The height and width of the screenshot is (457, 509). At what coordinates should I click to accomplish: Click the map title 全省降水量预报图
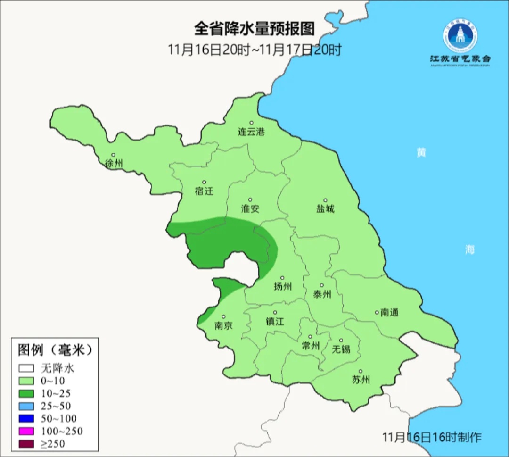coord(254,29)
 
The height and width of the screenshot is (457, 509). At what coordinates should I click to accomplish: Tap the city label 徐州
coord(114,164)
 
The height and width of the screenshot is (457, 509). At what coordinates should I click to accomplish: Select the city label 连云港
coord(251,132)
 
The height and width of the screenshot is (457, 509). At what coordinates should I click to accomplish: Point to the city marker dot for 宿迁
coord(204,182)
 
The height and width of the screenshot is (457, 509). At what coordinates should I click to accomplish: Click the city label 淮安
coord(250,208)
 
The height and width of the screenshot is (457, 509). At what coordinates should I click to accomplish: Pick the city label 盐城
coord(325,208)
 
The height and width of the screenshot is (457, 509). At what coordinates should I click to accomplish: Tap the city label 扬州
coord(283,286)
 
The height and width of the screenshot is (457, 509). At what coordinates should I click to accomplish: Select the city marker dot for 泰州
coord(322,285)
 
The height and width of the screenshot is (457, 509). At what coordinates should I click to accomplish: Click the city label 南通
coord(390,312)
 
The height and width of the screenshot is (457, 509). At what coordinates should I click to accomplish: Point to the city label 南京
coord(223,325)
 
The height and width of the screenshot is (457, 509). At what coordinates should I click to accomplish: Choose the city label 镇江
coord(275,321)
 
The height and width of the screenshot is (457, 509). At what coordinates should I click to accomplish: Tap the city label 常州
coord(311,346)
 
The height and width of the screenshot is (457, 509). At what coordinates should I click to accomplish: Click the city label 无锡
coord(341,349)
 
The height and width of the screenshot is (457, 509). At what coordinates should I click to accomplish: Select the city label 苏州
coord(361,380)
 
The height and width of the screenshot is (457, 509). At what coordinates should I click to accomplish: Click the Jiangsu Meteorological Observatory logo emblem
coord(460,36)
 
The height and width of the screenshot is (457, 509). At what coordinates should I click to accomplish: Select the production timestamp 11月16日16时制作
coord(432,438)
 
